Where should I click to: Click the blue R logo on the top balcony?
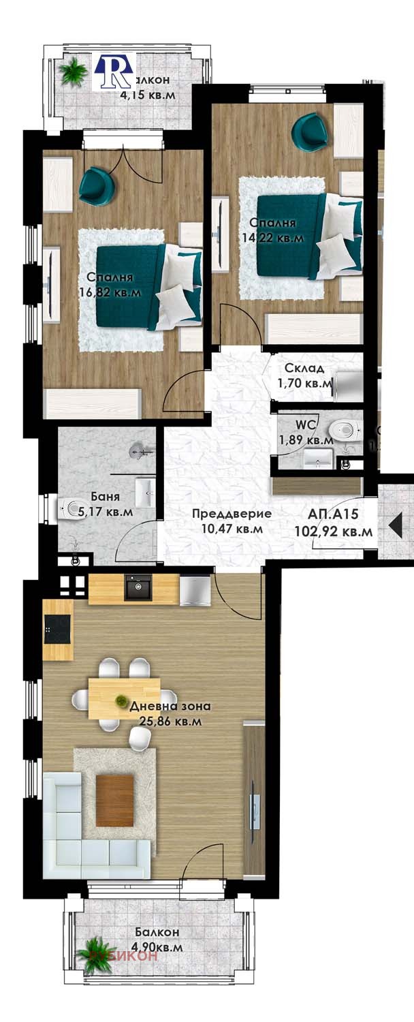[114, 70]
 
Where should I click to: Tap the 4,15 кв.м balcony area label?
[147, 95]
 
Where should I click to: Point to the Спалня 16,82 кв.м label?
[114, 285]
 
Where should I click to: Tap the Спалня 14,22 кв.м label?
[272, 230]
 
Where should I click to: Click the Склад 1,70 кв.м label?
[305, 376]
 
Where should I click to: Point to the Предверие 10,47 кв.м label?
[232, 521]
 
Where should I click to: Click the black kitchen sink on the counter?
[138, 588]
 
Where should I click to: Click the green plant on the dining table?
[121, 700]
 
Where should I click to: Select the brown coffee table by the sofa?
[115, 801]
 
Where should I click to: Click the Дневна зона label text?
[170, 707]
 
